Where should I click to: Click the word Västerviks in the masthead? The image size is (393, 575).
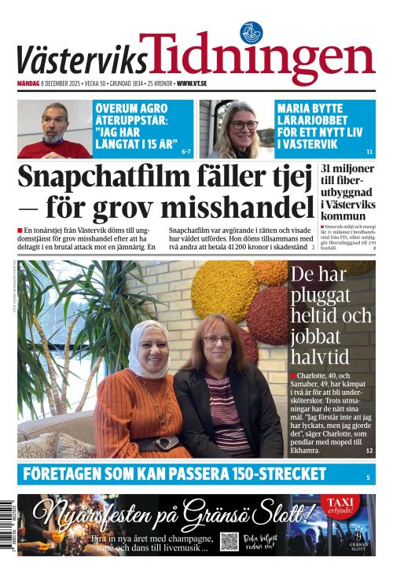81,61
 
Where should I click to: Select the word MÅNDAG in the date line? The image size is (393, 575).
28,83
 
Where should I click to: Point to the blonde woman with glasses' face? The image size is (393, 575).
244,126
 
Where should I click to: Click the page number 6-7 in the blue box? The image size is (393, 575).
185,151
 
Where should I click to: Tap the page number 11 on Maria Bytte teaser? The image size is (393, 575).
369,151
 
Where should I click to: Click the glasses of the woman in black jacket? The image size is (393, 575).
217,340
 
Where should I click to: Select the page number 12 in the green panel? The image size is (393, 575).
369,451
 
